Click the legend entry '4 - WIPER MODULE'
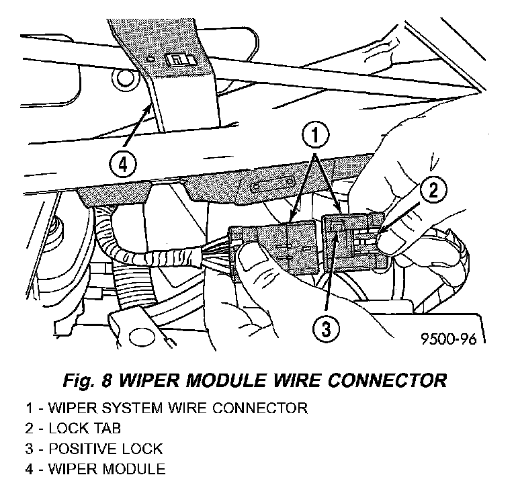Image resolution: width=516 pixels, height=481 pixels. point(95,468)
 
